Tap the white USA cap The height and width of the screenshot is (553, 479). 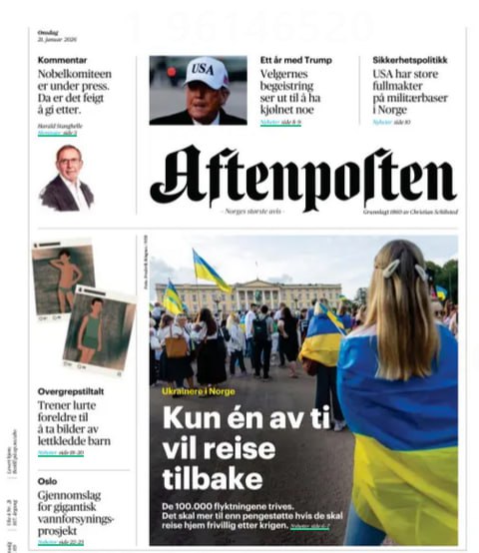pyautogui.click(x=207, y=73)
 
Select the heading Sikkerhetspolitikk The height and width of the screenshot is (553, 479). pyautogui.click(x=411, y=60)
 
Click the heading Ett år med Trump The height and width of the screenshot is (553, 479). pyautogui.click(x=297, y=60)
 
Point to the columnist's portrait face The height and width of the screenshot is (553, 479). pyautogui.click(x=69, y=163)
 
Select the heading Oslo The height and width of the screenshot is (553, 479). pyautogui.click(x=48, y=478)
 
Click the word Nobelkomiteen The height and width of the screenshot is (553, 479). pyautogui.click(x=75, y=75)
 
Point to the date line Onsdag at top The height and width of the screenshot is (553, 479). pyautogui.click(x=48, y=32)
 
